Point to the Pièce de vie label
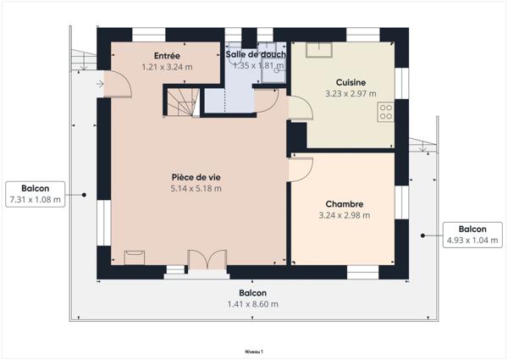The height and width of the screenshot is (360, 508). pyautogui.click(x=196, y=177)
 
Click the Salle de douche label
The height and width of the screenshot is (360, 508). pyautogui.click(x=256, y=54)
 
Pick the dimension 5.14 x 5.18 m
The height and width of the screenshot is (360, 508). pyautogui.click(x=196, y=188)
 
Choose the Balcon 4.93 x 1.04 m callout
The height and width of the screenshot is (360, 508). pyautogui.click(x=472, y=235)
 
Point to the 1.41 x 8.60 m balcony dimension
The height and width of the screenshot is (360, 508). pyautogui.click(x=253, y=304)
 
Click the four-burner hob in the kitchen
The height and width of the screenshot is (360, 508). pyautogui.click(x=386, y=111)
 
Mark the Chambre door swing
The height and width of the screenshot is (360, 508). pyautogui.click(x=300, y=170)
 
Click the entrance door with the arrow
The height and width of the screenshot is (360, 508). pyautogui.click(x=114, y=83)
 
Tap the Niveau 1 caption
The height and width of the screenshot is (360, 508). pyautogui.click(x=253, y=350)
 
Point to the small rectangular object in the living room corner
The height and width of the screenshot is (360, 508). pyautogui.click(x=134, y=258)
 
